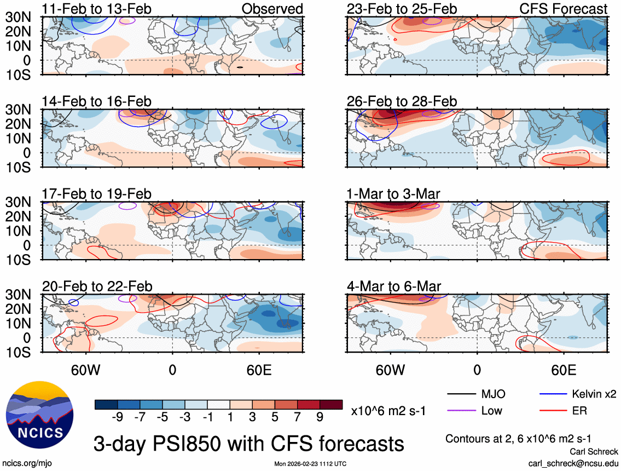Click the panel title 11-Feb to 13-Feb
(97, 9)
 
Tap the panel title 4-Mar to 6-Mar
(394, 286)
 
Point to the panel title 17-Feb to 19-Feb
(97, 194)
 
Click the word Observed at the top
(272, 9)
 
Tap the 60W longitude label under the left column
(86, 370)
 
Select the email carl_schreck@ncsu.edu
(573, 463)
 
